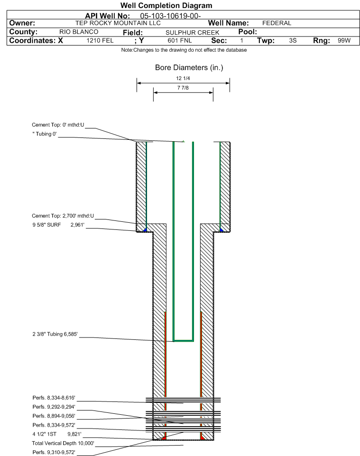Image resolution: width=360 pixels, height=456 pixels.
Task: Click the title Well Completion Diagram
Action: [x=166, y=6]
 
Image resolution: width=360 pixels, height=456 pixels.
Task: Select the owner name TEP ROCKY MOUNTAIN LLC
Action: [x=115, y=23]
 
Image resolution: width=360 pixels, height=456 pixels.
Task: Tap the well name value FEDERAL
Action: [x=277, y=23]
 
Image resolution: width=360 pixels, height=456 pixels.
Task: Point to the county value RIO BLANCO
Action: [x=79, y=32]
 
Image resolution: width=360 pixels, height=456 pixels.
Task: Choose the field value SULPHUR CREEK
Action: [x=193, y=32]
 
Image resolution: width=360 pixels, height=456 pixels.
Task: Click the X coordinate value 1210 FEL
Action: [x=100, y=41]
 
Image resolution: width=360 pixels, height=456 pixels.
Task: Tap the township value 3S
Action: [x=293, y=41]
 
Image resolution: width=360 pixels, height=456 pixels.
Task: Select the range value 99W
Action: [x=344, y=41]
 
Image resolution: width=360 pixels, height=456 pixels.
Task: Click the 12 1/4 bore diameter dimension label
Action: [x=183, y=78]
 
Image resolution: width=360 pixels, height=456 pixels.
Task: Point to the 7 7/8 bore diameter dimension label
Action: [x=183, y=89]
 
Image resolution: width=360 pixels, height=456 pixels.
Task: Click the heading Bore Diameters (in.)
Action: [x=189, y=67]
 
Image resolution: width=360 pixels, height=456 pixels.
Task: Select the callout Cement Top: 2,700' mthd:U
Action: [x=63, y=216]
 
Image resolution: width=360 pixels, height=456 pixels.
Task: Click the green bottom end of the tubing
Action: [x=183, y=340]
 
